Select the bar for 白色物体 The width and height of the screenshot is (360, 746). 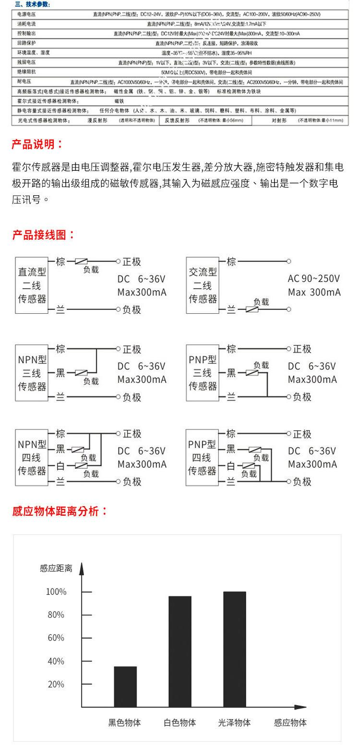pos(180,651)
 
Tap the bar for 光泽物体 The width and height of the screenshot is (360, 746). pos(234,649)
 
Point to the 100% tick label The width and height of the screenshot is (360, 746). pos(56,592)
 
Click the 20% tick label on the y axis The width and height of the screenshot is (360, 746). pos(56,684)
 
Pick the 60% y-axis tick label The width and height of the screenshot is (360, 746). pos(56,638)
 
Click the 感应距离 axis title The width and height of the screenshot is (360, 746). pos(56,568)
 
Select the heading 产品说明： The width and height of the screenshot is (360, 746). pos(37,144)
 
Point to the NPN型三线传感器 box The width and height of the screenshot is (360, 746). pos(32,372)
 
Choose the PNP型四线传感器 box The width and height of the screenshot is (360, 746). pos(203,457)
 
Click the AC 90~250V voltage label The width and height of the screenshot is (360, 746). pos(313,279)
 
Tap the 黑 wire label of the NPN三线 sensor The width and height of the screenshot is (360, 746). pos(61,373)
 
